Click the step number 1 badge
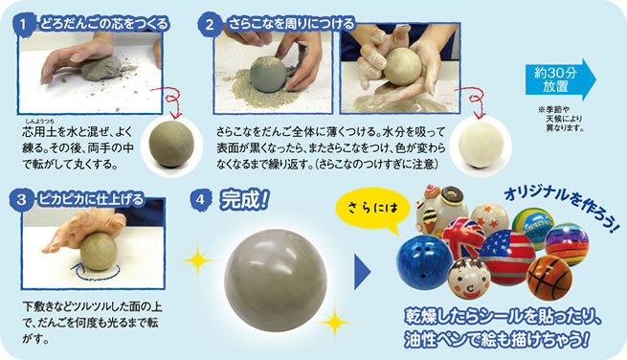pyautogui.click(x=22, y=24)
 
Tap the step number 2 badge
pyautogui.click(x=210, y=24)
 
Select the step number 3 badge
pyautogui.click(x=21, y=199)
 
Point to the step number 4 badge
pyautogui.click(x=200, y=199)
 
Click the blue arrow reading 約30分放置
pyautogui.click(x=560, y=79)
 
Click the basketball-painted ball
pyautogui.click(x=549, y=278)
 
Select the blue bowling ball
pyautogui.click(x=424, y=262)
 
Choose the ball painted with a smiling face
pyautogui.click(x=469, y=278)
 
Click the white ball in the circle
pyautogui.click(x=481, y=146)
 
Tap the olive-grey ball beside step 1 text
pyautogui.click(x=171, y=144)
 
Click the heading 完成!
pyautogui.click(x=244, y=199)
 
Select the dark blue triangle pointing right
pyautogui.click(x=362, y=272)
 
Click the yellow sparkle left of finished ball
pyautogui.click(x=198, y=260)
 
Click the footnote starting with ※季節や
pyautogui.click(x=561, y=119)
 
